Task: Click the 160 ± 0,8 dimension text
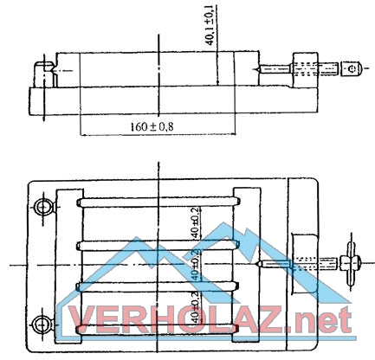pos(152,126)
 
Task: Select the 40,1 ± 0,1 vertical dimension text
pos(210,25)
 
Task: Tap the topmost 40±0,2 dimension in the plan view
pos(197,222)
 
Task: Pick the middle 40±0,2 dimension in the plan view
pos(196,266)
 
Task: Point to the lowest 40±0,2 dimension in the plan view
pos(195,307)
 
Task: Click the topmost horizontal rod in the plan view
pos(158,202)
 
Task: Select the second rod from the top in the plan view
pos(158,246)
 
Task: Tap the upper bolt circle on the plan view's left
pos(43,207)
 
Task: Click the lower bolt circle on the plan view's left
pos(43,325)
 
